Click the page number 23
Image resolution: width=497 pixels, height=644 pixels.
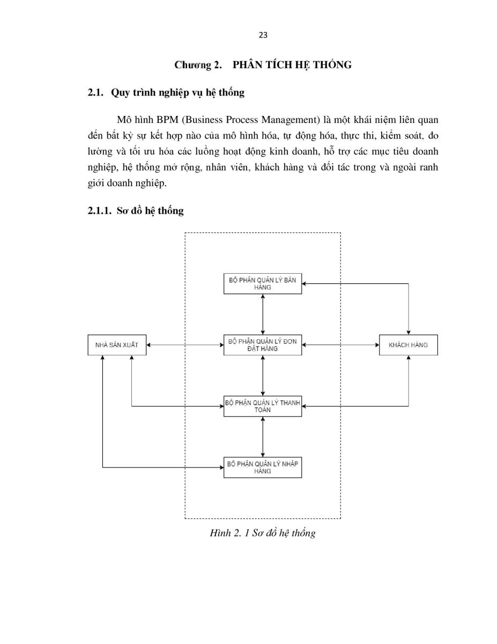click(x=263, y=35)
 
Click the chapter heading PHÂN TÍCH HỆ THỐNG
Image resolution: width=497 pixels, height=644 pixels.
click(x=292, y=65)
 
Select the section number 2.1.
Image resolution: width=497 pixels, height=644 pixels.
click(x=95, y=93)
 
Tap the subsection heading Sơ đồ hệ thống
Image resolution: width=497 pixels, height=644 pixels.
click(x=150, y=211)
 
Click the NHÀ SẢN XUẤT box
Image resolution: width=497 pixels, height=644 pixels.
click(x=117, y=345)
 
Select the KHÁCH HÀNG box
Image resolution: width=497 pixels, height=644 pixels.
click(x=409, y=345)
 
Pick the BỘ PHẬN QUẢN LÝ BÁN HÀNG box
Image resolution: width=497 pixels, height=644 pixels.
click(x=263, y=283)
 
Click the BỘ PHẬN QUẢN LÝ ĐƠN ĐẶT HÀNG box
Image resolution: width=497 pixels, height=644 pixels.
click(x=263, y=345)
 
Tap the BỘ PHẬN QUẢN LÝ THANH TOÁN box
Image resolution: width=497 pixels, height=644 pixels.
click(x=263, y=406)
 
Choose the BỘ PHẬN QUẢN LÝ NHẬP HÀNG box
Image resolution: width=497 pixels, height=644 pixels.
click(x=263, y=467)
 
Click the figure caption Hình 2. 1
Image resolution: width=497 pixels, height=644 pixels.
click(x=229, y=533)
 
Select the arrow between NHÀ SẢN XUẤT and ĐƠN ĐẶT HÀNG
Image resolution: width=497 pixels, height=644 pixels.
click(x=185, y=345)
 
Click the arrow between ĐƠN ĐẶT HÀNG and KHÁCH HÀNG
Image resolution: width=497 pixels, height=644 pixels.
click(x=340, y=345)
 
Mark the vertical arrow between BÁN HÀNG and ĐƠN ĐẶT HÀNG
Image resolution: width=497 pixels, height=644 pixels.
click(x=263, y=314)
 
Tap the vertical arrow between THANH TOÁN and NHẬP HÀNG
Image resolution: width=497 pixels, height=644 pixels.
click(x=263, y=437)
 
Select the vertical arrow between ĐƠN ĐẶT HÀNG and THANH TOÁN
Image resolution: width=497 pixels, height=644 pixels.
click(x=263, y=376)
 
